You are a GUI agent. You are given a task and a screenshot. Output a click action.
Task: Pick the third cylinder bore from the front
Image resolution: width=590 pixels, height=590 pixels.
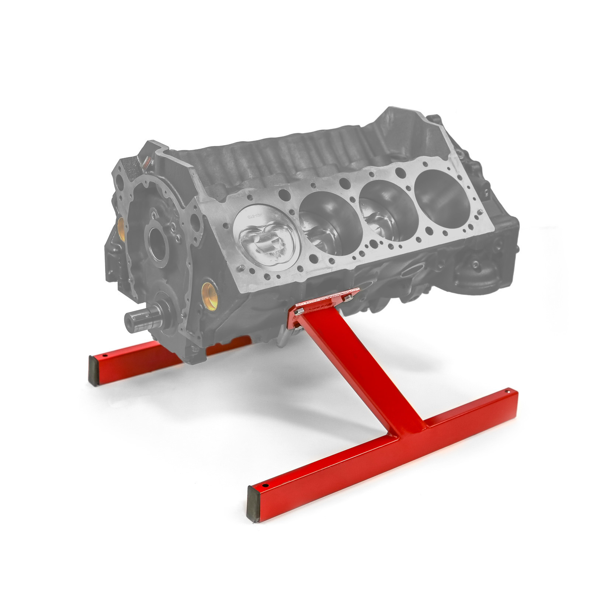(385, 208)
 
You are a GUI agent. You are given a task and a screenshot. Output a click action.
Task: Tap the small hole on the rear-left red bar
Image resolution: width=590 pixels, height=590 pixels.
(104, 356)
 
